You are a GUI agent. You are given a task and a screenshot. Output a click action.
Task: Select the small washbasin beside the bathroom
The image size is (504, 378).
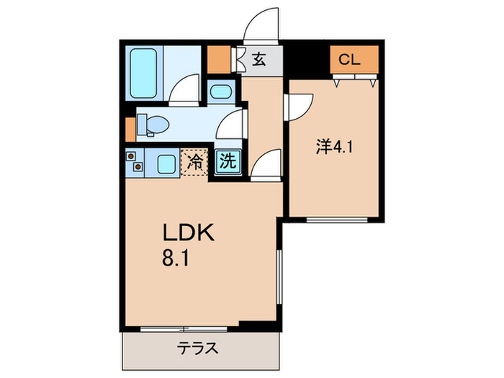tap(221, 93)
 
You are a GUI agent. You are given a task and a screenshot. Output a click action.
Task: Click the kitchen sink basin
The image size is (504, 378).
tap(166, 163)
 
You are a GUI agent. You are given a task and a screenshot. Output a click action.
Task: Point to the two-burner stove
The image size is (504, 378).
tap(134, 163)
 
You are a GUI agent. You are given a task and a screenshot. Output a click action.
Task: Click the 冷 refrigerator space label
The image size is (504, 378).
tap(194, 163)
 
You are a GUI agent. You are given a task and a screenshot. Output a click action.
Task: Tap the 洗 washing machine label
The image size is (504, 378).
tap(227, 162)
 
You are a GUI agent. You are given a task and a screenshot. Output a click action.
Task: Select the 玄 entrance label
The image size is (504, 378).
tap(259, 60)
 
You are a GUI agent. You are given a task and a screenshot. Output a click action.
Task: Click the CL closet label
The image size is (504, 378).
tap(349, 60)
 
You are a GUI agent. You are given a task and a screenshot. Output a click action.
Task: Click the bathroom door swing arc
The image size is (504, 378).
tap(186, 89)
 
